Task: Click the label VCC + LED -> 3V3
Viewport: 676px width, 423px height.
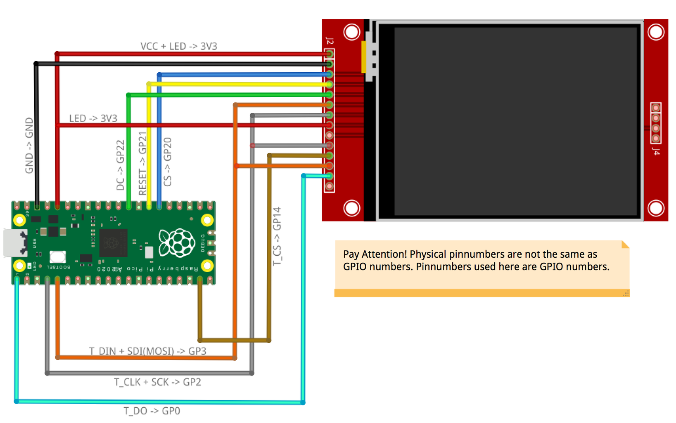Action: pos(178,46)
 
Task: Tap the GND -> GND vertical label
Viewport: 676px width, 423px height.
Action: pos(29,145)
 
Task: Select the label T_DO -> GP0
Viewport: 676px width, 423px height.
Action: pos(152,411)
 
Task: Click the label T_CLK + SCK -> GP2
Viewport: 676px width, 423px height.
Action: pos(157,382)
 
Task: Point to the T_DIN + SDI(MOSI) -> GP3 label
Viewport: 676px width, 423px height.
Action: pos(147,351)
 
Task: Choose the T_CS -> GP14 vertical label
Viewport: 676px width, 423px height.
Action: pos(277,236)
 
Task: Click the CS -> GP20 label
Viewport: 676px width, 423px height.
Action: pos(167,162)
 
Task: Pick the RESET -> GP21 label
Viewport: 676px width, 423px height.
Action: pos(143,163)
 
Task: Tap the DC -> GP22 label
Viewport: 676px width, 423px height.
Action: pos(120,165)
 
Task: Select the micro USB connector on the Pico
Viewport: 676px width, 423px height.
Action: pos(15,243)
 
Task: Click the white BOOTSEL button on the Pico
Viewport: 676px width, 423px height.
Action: pos(57,257)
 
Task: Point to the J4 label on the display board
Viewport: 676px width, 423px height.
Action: pos(656,152)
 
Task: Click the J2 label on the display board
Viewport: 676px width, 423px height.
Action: pos(329,40)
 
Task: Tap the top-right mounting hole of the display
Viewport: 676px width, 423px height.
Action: pos(656,32)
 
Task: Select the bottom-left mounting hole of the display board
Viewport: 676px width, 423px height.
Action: pos(351,208)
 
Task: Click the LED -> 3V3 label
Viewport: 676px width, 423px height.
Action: pos(93,119)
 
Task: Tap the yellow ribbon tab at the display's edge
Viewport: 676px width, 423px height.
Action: pos(363,57)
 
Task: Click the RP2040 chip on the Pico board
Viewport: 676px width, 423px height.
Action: pos(113,242)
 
